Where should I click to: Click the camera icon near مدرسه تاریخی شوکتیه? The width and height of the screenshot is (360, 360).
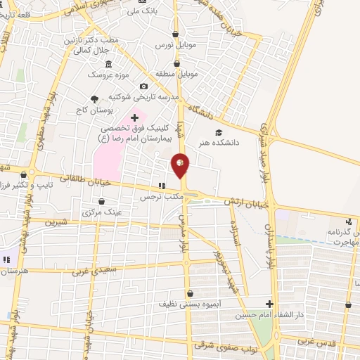(144, 86)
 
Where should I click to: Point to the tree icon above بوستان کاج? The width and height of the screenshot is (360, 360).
(95, 100)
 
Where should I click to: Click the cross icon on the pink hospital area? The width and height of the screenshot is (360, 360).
(134, 117)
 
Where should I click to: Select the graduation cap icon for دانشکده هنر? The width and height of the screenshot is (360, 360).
(219, 132)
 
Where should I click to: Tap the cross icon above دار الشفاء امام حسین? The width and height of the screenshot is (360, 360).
(269, 304)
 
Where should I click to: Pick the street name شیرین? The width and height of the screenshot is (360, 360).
(54, 221)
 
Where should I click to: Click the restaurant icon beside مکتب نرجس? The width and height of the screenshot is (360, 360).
(161, 186)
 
